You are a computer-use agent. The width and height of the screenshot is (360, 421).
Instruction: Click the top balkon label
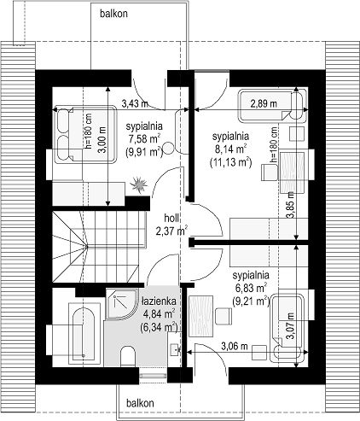point(113,14)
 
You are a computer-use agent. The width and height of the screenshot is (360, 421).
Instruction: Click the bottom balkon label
point(140,403)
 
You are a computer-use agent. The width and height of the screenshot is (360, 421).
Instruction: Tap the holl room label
point(171,218)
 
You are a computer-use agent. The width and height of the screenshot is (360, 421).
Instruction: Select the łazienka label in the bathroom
point(159,301)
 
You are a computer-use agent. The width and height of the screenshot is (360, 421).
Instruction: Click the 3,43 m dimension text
point(135,103)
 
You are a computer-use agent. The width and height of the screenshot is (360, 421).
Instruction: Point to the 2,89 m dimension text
point(264,103)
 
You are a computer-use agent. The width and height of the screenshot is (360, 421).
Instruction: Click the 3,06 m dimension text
point(235,346)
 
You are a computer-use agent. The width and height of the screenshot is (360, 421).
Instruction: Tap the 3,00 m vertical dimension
point(102,140)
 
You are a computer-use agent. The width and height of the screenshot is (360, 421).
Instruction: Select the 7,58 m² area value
point(144,139)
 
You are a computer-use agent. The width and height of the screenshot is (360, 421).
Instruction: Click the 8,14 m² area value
point(230,149)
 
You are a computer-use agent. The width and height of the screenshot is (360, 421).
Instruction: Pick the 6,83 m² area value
point(251,288)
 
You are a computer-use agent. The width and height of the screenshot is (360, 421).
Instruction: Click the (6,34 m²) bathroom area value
point(159,327)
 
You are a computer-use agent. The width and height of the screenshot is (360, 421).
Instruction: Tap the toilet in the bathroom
point(127,356)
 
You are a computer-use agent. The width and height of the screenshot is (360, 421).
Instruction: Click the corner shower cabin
point(120,304)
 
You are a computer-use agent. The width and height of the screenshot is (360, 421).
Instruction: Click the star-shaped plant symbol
point(139,184)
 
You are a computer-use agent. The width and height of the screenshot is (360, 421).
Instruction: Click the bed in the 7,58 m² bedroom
point(85,134)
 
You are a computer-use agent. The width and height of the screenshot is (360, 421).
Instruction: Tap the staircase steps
point(99,246)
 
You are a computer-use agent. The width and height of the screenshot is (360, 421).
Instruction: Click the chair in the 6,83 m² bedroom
point(224,316)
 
